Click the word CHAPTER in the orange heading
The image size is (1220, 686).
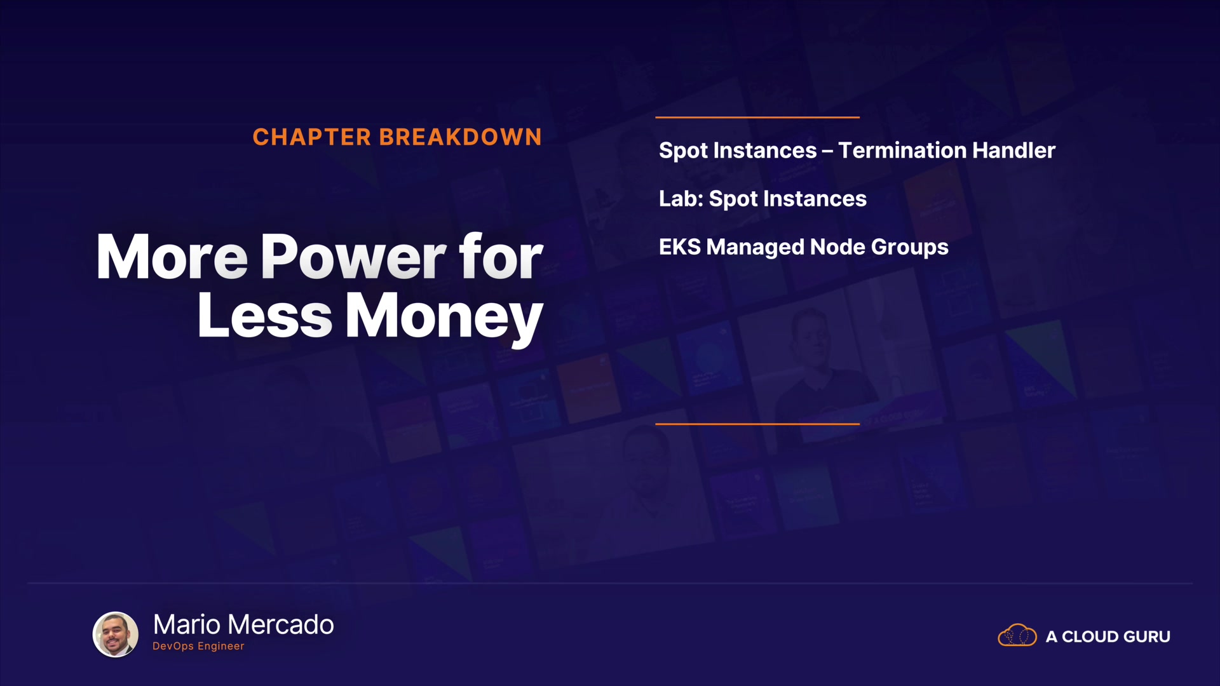pyautogui.click(x=311, y=137)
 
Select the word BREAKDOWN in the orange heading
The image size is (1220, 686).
pyautogui.click(x=461, y=137)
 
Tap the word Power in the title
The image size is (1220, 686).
pyautogui.click(x=354, y=257)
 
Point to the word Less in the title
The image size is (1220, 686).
pyautogui.click(x=265, y=316)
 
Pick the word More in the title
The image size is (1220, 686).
pyautogui.click(x=172, y=257)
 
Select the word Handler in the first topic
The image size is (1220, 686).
pyautogui.click(x=1014, y=151)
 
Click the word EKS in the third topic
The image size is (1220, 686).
pyautogui.click(x=679, y=247)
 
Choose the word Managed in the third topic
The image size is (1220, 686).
pyautogui.click(x=755, y=248)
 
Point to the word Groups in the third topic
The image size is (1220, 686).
pyautogui.click(x=910, y=248)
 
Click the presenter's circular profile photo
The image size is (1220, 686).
pyautogui.click(x=116, y=634)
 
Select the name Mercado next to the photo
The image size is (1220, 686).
pyautogui.click(x=280, y=625)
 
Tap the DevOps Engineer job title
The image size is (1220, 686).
pyautogui.click(x=198, y=646)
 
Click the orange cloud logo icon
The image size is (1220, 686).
pyautogui.click(x=1017, y=635)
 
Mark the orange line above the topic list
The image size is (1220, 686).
pyautogui.click(x=757, y=118)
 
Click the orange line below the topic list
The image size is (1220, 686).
pyautogui.click(x=757, y=424)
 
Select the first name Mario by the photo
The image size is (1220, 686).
pyautogui.click(x=187, y=625)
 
